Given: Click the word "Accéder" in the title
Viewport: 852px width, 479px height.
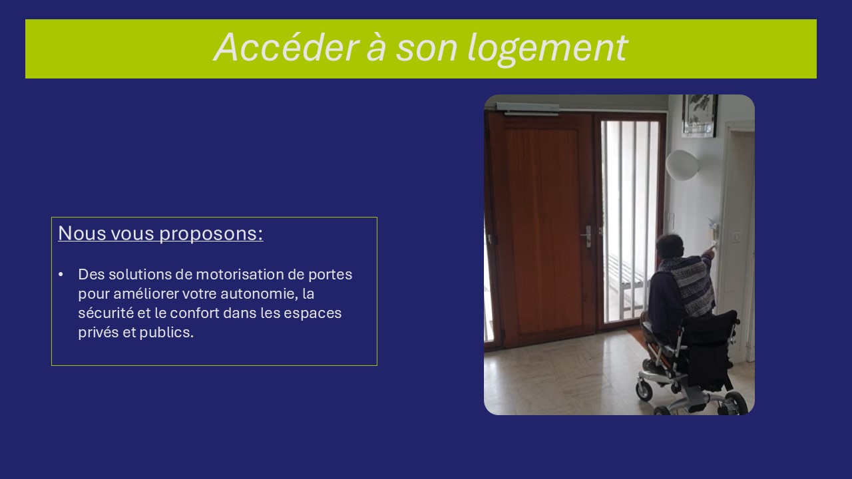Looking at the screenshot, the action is point(286,47).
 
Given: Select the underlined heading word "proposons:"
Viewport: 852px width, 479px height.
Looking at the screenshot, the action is point(211,234).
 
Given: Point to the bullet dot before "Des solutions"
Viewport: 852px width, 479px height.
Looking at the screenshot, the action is point(61,275).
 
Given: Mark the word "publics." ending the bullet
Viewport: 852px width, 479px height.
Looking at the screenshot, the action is point(166,333).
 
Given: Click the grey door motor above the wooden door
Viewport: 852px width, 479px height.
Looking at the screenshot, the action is point(528,108).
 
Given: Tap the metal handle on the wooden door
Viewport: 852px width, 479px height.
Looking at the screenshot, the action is point(586,236).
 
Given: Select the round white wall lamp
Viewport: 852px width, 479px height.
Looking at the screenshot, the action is point(682,164).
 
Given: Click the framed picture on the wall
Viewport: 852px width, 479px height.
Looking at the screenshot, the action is point(700,115).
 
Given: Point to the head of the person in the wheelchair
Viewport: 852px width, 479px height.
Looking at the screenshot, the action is point(670,246).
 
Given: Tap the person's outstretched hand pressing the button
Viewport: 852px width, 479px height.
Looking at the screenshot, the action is point(710,250).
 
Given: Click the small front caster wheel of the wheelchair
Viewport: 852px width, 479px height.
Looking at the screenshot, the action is point(644,391).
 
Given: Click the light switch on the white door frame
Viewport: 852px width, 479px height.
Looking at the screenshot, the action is point(737,237).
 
